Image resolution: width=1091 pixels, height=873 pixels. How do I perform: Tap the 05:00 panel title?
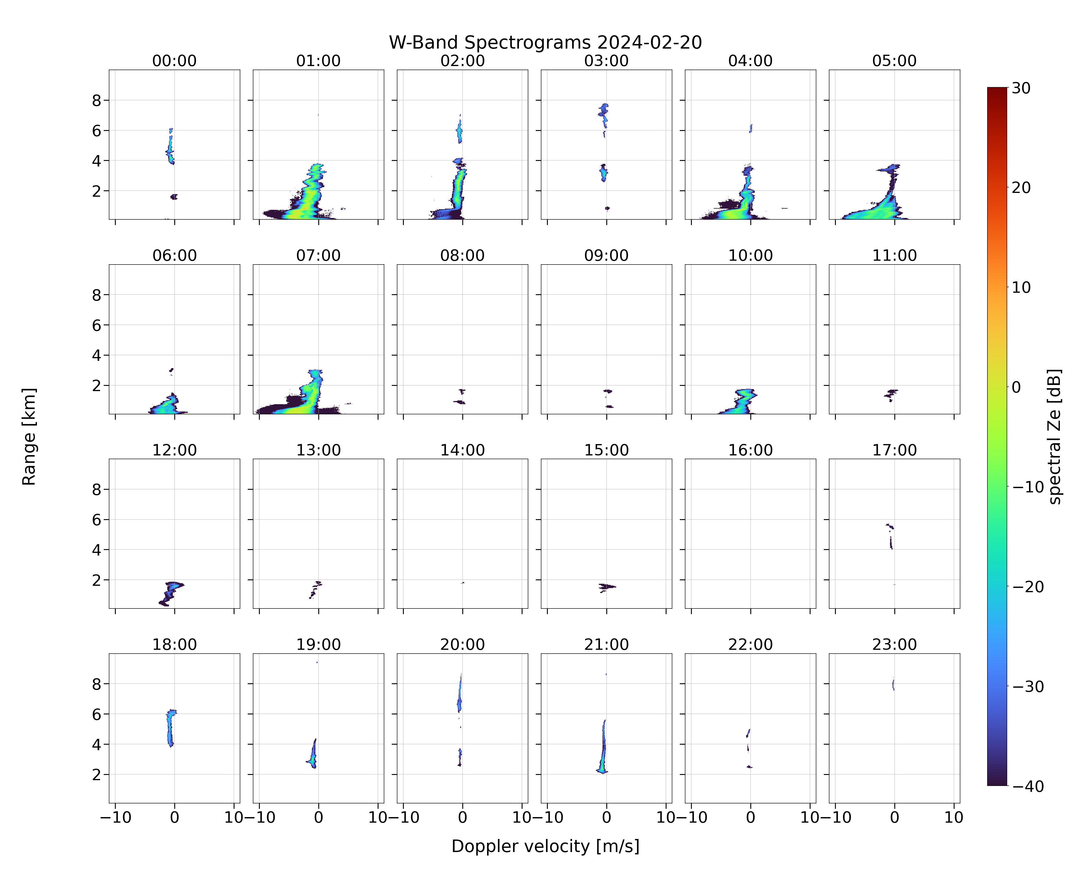(x=894, y=61)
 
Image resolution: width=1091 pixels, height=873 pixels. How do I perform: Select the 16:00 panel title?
(x=750, y=450)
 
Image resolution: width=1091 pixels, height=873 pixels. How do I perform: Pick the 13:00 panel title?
(x=318, y=450)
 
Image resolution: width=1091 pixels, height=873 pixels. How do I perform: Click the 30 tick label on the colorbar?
(x=1021, y=88)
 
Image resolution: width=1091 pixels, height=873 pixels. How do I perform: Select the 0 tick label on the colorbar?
(x=1016, y=387)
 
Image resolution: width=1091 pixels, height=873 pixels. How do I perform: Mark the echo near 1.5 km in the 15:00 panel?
(x=607, y=587)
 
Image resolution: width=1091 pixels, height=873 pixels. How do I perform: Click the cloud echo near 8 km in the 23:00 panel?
(x=893, y=684)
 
